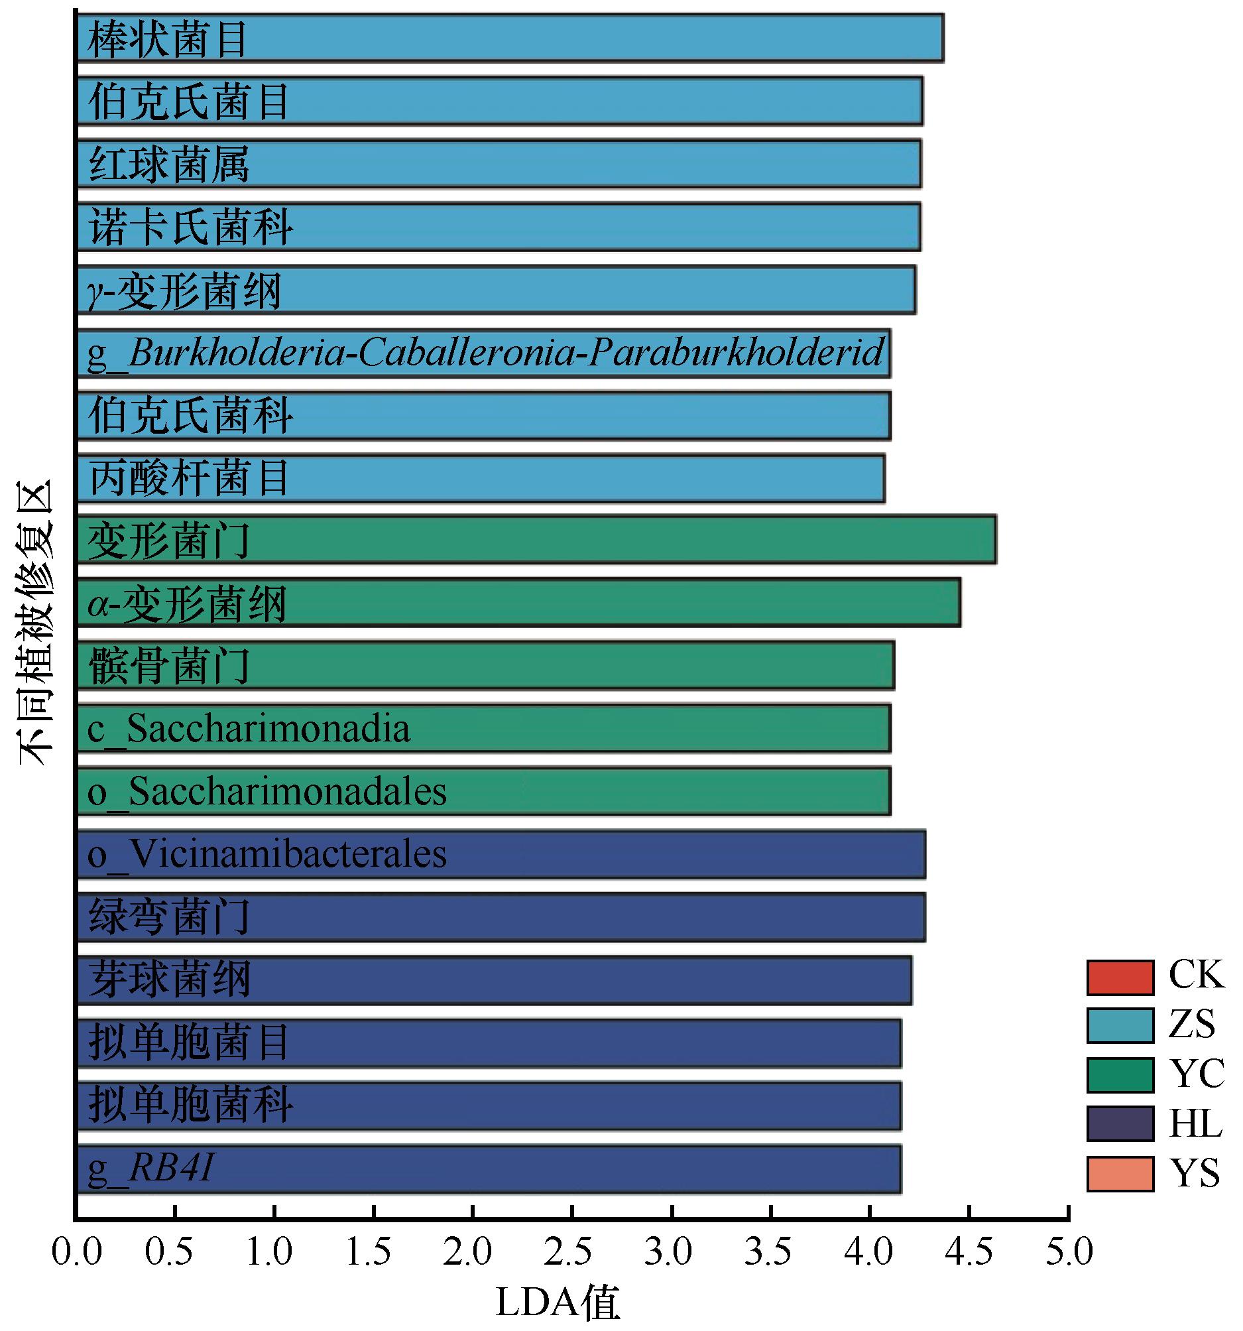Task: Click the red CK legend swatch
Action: point(1120,977)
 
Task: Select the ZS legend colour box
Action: point(1120,1026)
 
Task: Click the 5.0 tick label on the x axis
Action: point(1069,1251)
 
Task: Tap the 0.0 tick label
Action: point(76,1251)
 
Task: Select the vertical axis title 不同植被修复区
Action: point(35,623)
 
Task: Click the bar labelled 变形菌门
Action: point(536,540)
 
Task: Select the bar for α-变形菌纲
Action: point(519,603)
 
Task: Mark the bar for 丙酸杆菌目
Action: point(481,478)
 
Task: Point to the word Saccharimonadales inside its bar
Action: point(288,791)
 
